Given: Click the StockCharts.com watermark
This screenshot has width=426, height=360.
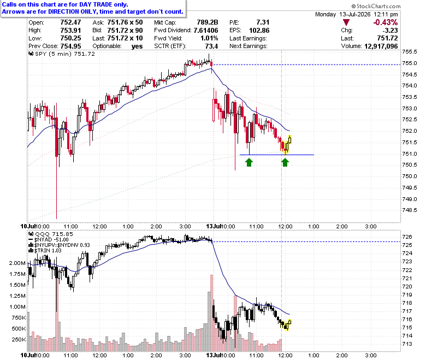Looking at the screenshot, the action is click(376, 6).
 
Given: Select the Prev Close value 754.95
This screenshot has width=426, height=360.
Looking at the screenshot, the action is click(70, 46).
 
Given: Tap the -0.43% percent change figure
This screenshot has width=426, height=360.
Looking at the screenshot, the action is click(385, 22).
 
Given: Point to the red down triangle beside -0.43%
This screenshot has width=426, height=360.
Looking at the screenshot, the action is click(346, 22).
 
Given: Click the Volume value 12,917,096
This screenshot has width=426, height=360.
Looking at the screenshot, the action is click(381, 46).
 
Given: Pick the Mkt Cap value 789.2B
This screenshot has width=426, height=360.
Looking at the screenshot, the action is click(208, 22).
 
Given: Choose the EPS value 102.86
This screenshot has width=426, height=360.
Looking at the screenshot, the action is click(259, 31).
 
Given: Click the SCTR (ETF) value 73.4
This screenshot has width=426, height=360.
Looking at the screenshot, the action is click(211, 46).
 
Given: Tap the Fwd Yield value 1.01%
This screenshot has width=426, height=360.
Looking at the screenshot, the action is click(209, 38).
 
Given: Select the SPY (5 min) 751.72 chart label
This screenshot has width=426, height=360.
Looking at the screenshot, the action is click(62, 54).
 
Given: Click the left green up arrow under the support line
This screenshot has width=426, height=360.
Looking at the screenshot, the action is click(249, 162).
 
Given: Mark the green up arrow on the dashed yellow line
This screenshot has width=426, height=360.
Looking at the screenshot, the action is click(285, 162).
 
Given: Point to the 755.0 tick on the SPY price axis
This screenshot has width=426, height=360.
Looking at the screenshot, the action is click(410, 63).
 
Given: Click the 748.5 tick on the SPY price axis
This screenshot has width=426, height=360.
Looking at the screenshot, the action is click(410, 210).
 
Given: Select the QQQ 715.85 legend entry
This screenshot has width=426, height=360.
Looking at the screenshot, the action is click(51, 234).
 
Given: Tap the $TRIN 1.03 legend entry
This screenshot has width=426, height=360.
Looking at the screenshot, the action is click(45, 251).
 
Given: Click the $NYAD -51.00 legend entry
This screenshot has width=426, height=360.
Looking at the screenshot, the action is click(49, 240).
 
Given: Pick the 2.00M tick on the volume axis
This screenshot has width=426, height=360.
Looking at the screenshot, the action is click(17, 263).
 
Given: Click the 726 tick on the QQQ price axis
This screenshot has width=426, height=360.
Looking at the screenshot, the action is click(407, 237).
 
